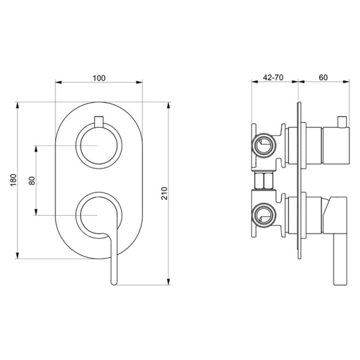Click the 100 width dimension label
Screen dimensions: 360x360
pyautogui.click(x=99, y=78)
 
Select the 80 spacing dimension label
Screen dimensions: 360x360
pyautogui.click(x=32, y=180)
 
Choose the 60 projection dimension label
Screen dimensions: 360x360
pyautogui.click(x=323, y=78)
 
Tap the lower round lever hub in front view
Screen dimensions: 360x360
pyautogui.click(x=98, y=215)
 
